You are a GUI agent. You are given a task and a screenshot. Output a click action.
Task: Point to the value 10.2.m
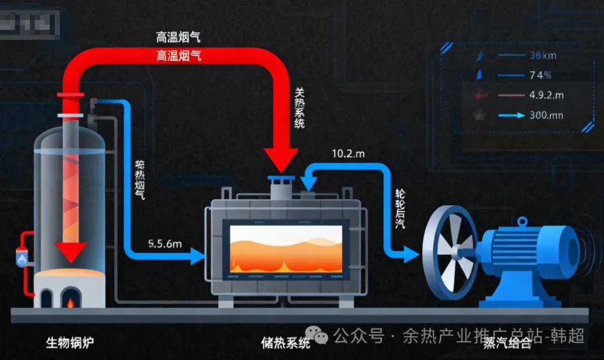tap(348, 153)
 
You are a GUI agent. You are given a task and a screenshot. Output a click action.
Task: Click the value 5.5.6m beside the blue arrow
tap(166, 244)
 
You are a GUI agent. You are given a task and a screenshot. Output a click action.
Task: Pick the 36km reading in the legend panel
tap(542, 55)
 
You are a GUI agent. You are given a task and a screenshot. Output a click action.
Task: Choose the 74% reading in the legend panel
tap(540, 75)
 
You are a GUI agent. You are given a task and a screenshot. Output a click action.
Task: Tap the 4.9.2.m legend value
tap(546, 95)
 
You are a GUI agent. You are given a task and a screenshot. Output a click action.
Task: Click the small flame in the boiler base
tap(70, 303)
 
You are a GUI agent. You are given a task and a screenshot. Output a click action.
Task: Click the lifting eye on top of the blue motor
tap(522, 222)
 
